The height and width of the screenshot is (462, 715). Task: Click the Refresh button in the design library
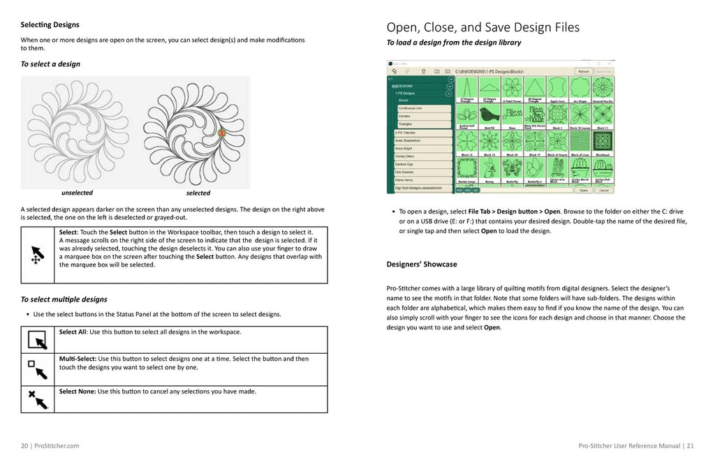(583, 71)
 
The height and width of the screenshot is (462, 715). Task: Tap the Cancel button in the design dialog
(604, 190)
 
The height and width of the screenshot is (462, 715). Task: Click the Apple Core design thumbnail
(556, 90)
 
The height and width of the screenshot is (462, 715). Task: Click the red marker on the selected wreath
(222, 133)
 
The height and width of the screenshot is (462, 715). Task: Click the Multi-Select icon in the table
(37, 368)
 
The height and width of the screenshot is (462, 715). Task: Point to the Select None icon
(37, 398)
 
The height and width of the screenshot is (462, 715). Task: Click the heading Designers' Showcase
(422, 264)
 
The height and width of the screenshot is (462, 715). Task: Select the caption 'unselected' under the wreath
(77, 193)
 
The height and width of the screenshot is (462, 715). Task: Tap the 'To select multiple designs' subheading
(64, 299)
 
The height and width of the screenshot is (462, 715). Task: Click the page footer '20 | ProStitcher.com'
(50, 445)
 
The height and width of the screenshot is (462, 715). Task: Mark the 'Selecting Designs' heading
(50, 25)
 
